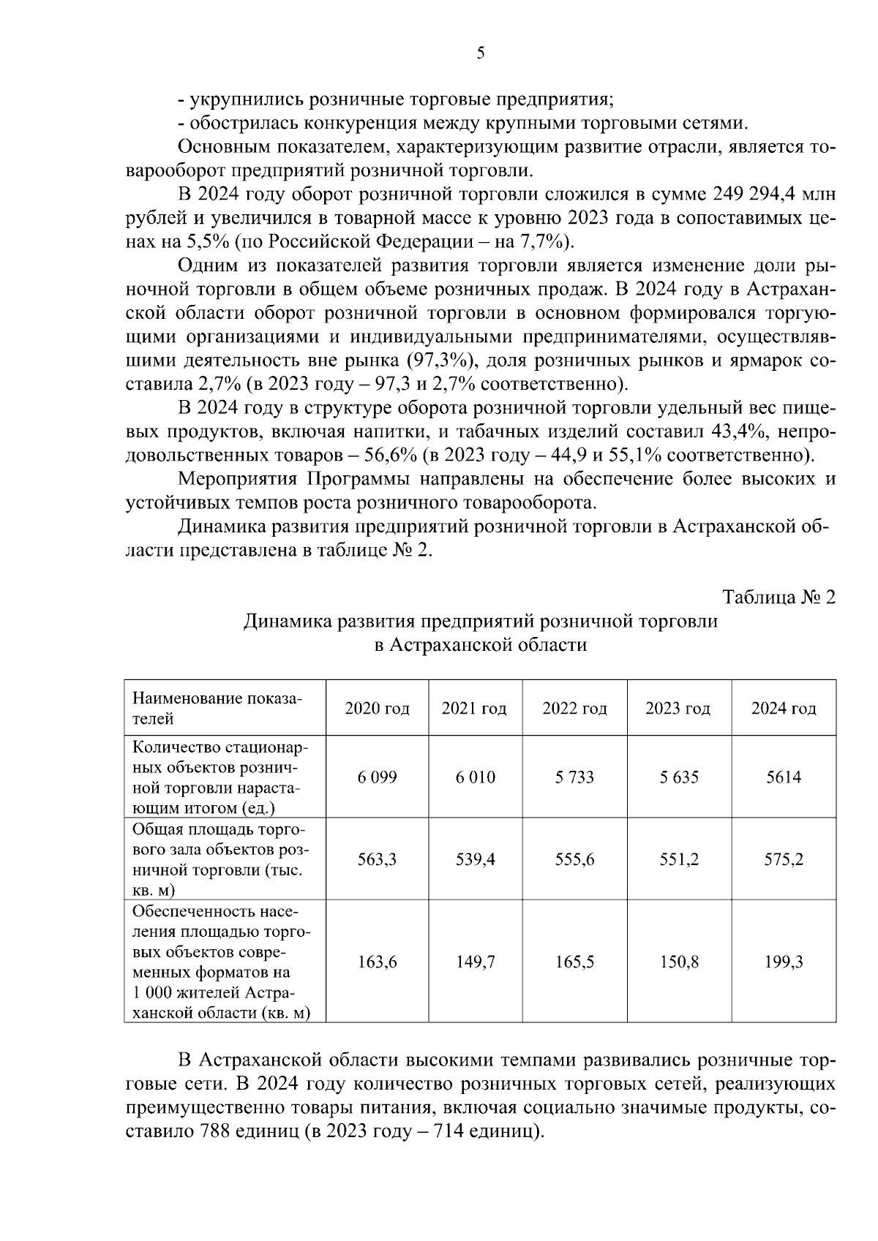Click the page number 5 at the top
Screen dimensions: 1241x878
tap(481, 53)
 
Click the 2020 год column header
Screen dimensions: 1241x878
tap(377, 709)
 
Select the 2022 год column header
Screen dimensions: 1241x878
tap(574, 709)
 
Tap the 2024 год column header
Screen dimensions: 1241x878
tap(784, 709)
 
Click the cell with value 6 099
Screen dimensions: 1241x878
tap(377, 777)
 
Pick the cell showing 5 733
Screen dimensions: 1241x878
tap(574, 777)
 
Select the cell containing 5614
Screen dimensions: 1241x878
tap(784, 777)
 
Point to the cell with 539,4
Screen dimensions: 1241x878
tap(476, 859)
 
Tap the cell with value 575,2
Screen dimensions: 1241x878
tap(784, 859)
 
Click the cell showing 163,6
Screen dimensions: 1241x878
tap(377, 962)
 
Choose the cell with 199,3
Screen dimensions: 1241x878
tap(784, 962)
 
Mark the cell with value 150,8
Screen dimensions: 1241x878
tap(678, 962)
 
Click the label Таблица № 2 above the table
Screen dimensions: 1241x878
tap(778, 597)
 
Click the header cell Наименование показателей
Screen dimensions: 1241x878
tap(217, 708)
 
